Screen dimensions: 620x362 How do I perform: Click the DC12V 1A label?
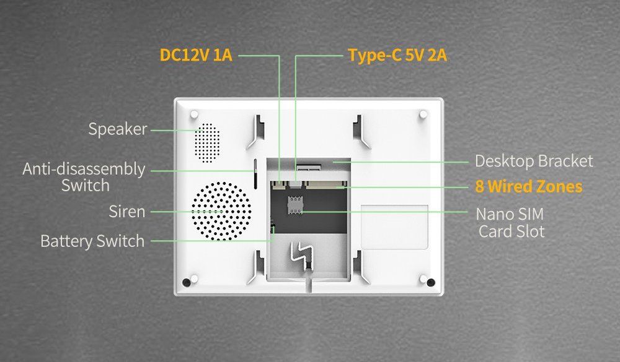196,55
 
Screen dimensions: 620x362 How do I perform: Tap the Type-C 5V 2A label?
397,55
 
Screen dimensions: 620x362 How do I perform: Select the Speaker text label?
118,129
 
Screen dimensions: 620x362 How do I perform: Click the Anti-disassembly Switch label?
84,177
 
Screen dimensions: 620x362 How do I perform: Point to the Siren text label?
127,212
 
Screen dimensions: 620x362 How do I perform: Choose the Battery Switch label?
92,241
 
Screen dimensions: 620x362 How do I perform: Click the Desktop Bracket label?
534,161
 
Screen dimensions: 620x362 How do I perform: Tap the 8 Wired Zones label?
529,186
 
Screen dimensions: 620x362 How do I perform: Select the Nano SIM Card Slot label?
510,223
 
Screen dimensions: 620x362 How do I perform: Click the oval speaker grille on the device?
207,142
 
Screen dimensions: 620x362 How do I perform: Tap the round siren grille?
221,211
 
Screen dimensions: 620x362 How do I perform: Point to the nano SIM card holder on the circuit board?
294,205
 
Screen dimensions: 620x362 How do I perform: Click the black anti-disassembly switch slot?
255,174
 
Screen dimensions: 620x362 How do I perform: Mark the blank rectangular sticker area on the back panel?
394,227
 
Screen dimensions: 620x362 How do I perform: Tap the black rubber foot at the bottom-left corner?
186,282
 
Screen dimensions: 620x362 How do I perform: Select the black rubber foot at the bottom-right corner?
431,282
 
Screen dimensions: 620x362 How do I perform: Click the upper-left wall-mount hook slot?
256,132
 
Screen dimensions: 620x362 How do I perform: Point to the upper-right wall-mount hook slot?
361,132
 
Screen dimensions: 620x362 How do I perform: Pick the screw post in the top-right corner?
423,114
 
